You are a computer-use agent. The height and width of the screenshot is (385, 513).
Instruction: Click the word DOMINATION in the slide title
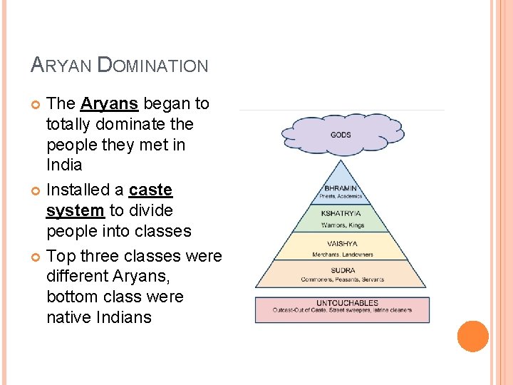point(152,66)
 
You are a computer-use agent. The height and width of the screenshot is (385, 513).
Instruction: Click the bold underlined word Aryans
point(109,103)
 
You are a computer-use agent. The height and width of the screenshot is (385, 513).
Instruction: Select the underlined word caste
point(150,190)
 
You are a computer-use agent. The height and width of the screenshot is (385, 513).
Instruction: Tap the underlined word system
point(76,210)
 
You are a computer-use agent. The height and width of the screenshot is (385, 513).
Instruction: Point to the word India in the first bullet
point(64,165)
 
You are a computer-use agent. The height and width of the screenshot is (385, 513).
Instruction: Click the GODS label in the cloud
point(341,135)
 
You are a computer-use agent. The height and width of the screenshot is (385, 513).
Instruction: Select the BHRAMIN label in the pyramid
point(341,189)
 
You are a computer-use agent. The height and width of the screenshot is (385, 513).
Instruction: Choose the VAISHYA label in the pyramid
point(342,244)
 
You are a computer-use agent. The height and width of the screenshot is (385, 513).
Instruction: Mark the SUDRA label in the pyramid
point(342,271)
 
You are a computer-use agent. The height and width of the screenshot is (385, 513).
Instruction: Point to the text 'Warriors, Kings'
point(342,225)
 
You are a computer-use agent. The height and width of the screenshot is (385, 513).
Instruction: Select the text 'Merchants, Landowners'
point(342,254)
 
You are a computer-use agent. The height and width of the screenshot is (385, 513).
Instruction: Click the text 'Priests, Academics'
point(341,197)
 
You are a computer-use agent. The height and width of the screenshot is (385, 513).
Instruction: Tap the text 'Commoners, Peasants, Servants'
point(342,279)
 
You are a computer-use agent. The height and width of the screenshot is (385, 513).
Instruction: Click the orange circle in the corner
point(472,337)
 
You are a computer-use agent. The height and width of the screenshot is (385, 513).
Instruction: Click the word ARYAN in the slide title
point(62,66)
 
